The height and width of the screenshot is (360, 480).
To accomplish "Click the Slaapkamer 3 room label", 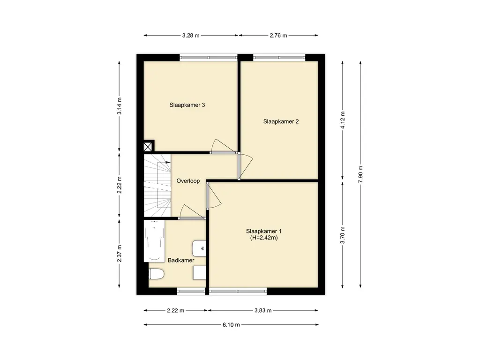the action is [187, 105].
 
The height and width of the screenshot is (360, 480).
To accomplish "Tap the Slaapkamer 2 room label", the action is [281, 121].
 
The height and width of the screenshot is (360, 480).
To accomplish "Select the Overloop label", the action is [188, 181].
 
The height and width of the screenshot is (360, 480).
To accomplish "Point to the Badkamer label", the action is [181, 261].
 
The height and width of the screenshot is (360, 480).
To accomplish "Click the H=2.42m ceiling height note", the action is [263, 238].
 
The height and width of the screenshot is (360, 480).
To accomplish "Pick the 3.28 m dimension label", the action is [191, 36].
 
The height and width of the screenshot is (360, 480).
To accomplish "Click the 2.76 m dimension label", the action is [278, 36].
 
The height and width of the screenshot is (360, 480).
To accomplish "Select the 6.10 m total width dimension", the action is [231, 325].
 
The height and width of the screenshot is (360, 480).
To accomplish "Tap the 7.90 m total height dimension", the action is [360, 174].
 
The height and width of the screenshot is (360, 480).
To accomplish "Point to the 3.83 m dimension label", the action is [263, 310].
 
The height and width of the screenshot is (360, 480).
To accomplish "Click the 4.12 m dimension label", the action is [343, 120].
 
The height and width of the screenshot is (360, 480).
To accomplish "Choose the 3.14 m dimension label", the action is [120, 106].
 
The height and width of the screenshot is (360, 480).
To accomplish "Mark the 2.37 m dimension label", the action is [120, 254].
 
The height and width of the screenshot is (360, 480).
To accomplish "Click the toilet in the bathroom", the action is [157, 274].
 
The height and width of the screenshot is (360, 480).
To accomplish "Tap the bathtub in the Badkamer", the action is [154, 241].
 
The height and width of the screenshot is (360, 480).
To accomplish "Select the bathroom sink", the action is [199, 248].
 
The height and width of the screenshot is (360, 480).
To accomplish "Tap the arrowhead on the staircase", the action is [168, 162].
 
